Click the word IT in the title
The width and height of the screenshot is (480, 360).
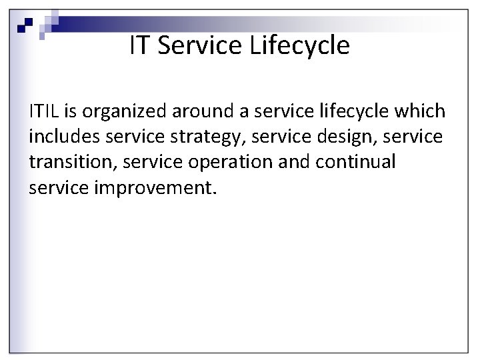138,45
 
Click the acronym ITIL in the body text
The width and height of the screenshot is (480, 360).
43,111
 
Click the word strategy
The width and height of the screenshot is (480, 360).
203,136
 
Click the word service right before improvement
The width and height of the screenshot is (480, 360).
59,187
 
